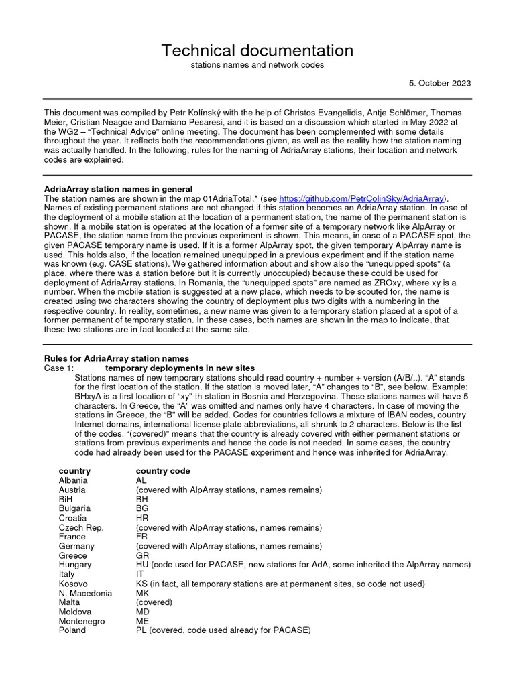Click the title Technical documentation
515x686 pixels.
click(x=257, y=50)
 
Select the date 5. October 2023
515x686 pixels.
click(x=440, y=83)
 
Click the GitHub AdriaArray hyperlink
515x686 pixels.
click(x=361, y=198)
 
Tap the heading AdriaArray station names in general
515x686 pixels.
click(x=118, y=189)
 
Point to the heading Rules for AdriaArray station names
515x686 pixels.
click(x=116, y=358)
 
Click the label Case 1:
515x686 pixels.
click(x=59, y=368)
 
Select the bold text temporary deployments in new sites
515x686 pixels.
click(x=180, y=368)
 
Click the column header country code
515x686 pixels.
click(x=163, y=471)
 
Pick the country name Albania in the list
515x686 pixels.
click(x=72, y=480)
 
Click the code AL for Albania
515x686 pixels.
click(x=141, y=480)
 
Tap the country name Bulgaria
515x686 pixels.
click(x=74, y=508)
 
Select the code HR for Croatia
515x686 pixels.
click(x=141, y=518)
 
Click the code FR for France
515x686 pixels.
click(x=141, y=537)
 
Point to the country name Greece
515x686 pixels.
click(x=72, y=555)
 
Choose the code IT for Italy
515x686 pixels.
click(x=139, y=574)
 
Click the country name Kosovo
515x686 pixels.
click(x=72, y=584)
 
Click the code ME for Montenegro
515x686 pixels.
click(x=141, y=621)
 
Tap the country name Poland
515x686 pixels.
click(x=72, y=630)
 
